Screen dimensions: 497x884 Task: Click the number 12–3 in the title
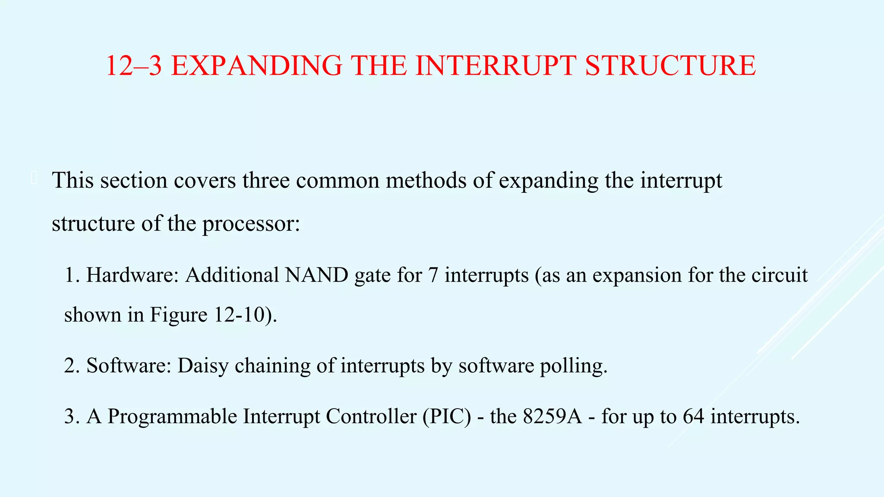click(134, 66)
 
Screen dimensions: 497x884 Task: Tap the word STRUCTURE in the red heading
click(670, 66)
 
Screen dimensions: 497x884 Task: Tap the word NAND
click(316, 275)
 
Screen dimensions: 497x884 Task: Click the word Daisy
click(202, 366)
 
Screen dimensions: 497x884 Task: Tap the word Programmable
click(172, 417)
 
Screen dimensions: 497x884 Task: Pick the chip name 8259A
click(552, 417)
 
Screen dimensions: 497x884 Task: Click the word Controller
click(371, 417)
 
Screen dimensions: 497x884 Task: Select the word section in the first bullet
click(134, 180)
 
